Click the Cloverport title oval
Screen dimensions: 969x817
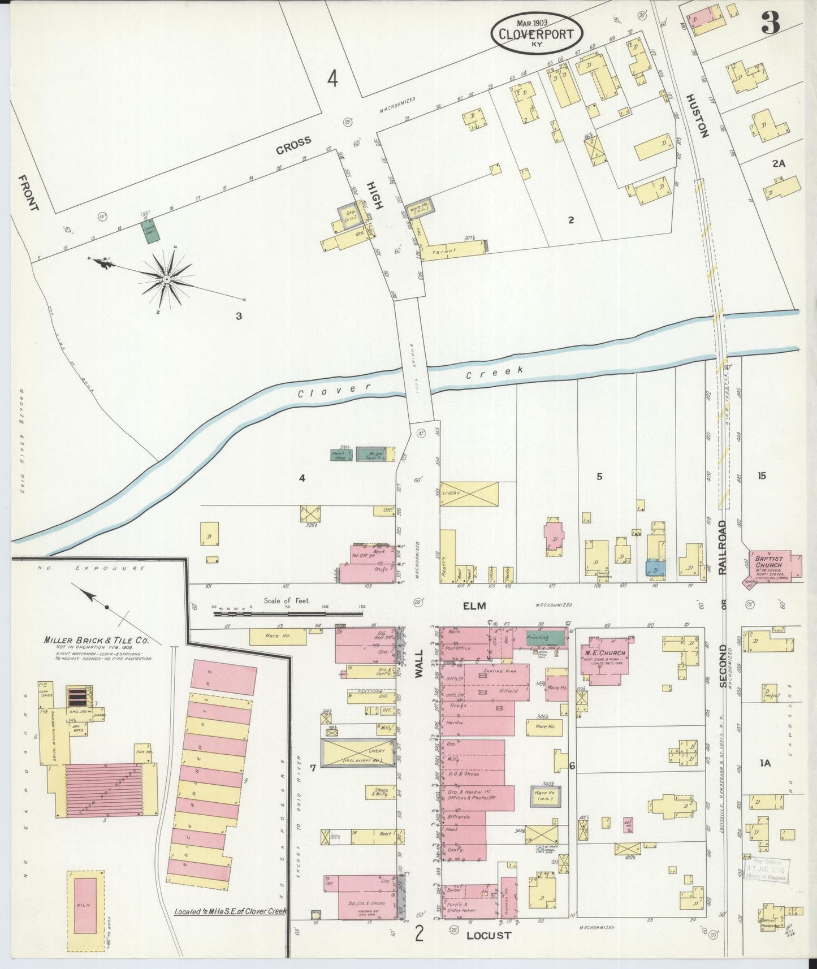click(536, 33)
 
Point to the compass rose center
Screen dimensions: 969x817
click(167, 279)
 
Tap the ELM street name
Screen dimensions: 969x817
click(474, 606)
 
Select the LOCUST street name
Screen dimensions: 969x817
click(489, 936)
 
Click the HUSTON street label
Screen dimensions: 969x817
click(697, 115)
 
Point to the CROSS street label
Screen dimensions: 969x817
click(293, 145)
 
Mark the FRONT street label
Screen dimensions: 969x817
click(28, 193)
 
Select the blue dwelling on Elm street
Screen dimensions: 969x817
click(655, 568)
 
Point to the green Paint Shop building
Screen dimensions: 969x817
click(341, 455)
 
